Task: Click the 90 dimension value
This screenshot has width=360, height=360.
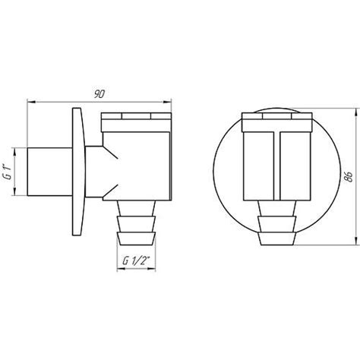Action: (x=99, y=94)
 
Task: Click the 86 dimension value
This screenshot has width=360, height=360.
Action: (x=349, y=176)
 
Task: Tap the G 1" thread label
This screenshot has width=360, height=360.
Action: (x=9, y=172)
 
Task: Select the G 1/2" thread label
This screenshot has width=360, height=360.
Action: (x=136, y=261)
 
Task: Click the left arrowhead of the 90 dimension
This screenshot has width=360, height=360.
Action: (x=31, y=102)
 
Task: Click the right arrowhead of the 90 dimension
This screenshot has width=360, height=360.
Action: (x=168, y=102)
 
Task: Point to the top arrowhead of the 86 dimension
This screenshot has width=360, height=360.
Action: (x=357, y=112)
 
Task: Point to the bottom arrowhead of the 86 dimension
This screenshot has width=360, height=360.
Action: (x=357, y=241)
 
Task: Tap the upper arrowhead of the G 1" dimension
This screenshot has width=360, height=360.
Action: (x=14, y=152)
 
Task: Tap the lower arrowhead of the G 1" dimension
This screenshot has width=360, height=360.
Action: (x=14, y=191)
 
